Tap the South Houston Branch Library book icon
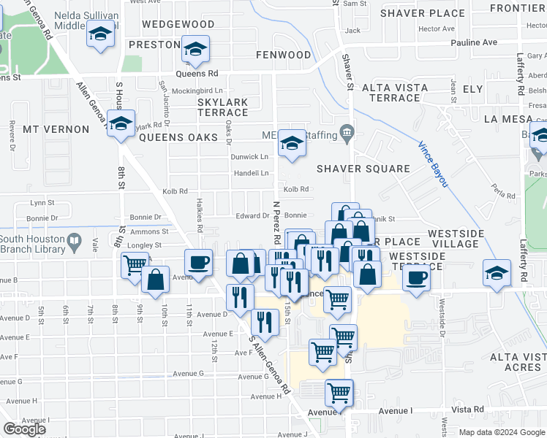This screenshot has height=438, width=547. (74, 240)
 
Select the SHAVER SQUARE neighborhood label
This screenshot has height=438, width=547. (363, 169)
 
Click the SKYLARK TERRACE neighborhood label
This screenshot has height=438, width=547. (223, 107)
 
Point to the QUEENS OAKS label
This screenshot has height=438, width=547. (178, 137)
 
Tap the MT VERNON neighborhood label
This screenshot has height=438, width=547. (56, 128)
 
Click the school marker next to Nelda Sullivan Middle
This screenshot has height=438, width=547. (101, 34)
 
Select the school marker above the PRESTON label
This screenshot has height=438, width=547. (195, 49)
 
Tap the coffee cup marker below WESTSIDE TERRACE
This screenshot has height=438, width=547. (416, 278)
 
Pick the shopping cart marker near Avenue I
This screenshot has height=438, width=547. (339, 393)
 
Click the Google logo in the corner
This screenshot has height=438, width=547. (24, 429)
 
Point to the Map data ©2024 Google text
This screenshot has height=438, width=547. (502, 432)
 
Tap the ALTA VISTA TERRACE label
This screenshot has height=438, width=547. (391, 93)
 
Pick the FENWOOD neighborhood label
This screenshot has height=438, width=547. (284, 55)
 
